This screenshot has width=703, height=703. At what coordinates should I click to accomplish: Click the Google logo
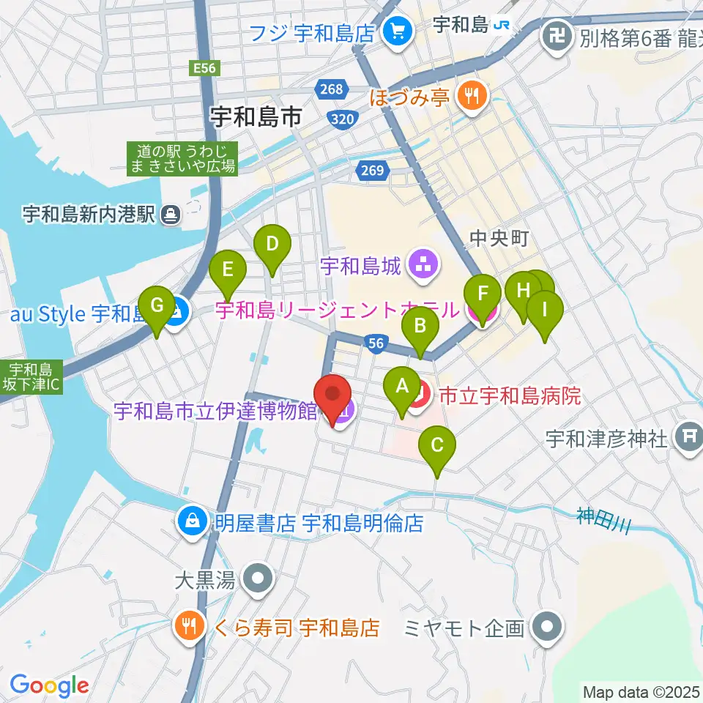coord(49,685)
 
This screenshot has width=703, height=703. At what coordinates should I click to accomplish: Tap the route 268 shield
coord(331,89)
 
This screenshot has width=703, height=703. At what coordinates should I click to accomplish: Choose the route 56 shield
coord(376,343)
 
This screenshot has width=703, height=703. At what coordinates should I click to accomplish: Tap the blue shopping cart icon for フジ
coord(398,31)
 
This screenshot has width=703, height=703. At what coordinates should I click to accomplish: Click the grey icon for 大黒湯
coord(257,582)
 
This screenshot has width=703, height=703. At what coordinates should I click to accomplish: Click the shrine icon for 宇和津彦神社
coord(689,438)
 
